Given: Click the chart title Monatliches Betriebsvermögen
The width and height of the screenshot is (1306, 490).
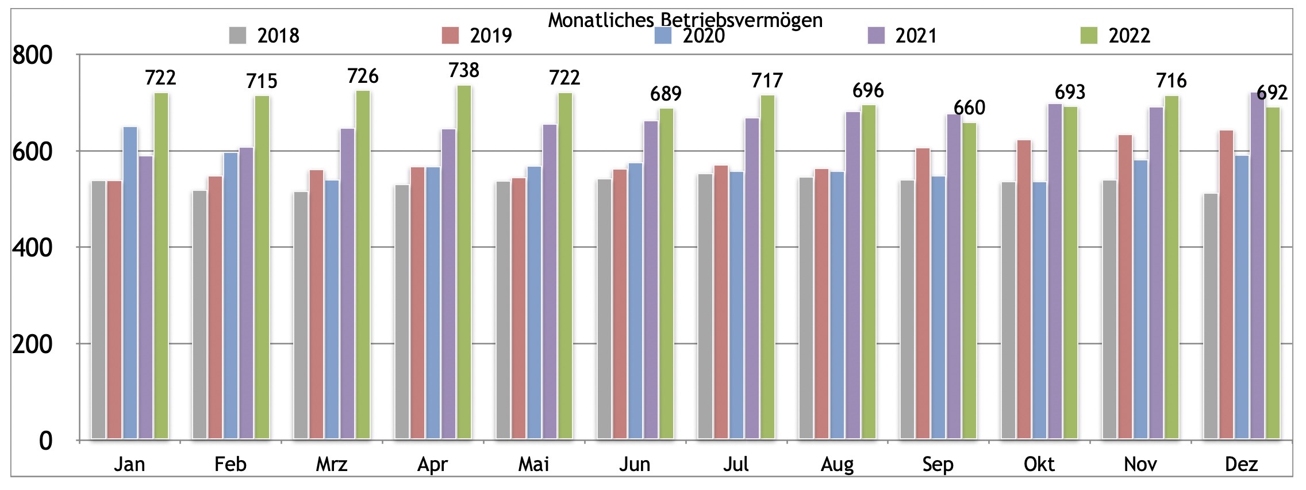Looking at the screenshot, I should pos(685,20).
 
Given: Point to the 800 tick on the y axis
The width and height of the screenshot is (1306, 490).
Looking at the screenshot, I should pos(32,56).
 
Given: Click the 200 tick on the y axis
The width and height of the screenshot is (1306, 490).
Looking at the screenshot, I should pos(32,344).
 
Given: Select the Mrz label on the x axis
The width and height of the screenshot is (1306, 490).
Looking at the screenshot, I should pos(332,464).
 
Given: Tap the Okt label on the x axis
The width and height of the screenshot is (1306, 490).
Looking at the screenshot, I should pos(1039,464).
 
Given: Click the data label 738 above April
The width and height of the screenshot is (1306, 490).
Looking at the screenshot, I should pos(463,70).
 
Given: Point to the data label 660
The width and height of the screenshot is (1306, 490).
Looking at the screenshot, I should pos(969,108).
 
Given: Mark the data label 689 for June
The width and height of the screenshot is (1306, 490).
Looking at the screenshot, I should pos(666,93).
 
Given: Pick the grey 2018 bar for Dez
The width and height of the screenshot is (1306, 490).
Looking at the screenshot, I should pos(1211,317).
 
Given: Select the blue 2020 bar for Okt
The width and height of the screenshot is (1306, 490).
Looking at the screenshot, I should pos(1039,311).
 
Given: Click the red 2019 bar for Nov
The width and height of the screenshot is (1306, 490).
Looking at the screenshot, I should pos(1125,288).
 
